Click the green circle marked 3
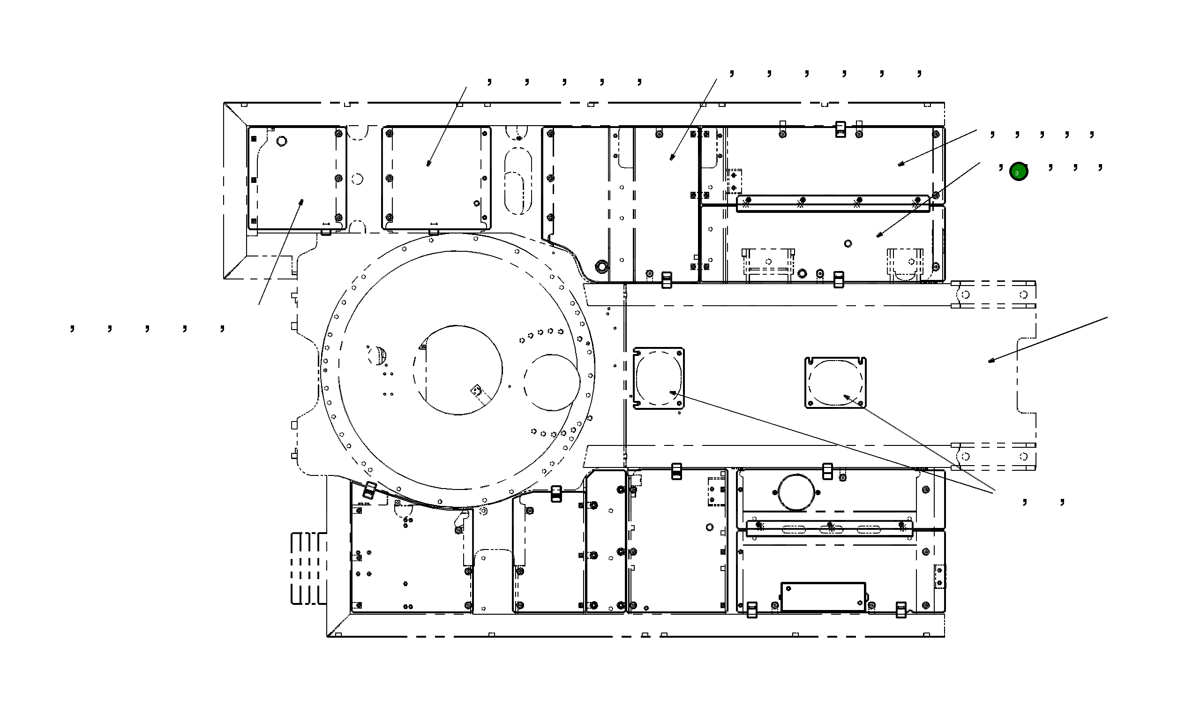[x=1018, y=172]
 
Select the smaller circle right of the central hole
[x=552, y=382]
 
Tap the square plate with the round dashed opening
[x=658, y=378]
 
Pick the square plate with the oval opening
[x=835, y=382]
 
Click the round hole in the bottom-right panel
[x=795, y=492]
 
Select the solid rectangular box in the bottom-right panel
[x=823, y=596]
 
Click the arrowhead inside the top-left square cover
[x=301, y=202]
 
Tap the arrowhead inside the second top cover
[x=428, y=163]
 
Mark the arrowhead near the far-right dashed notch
[x=991, y=361]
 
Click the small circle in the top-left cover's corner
[x=281, y=141]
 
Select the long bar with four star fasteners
[x=833, y=203]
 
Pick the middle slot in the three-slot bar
[x=830, y=529]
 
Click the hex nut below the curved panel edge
[x=602, y=266]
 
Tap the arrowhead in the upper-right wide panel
[x=900, y=164]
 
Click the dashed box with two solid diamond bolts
[x=734, y=181]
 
